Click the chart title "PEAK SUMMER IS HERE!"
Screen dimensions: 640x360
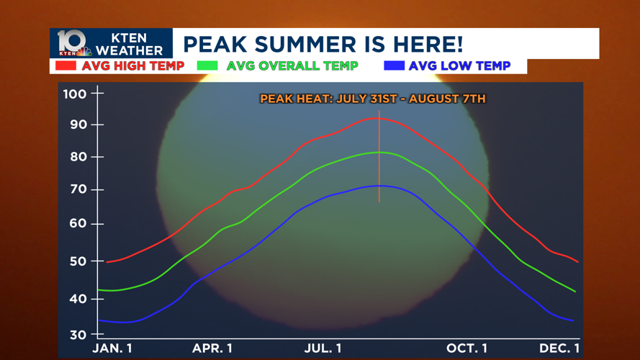pyautogui.click(x=323, y=44)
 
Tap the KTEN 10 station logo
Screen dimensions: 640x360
pyautogui.click(x=73, y=43)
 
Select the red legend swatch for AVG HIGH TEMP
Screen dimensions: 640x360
pyautogui.click(x=66, y=66)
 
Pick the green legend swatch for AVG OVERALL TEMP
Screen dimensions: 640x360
pyautogui.click(x=207, y=66)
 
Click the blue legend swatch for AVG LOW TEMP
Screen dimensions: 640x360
pyautogui.click(x=395, y=66)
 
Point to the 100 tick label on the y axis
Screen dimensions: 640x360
pyautogui.click(x=75, y=94)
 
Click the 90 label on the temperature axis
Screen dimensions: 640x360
pyautogui.click(x=78, y=125)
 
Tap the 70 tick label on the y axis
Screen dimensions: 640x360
pyautogui.click(x=78, y=189)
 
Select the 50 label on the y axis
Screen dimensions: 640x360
pyautogui.click(x=78, y=261)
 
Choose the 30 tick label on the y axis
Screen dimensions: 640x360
pyautogui.click(x=78, y=335)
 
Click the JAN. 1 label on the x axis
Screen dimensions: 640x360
pyautogui.click(x=112, y=348)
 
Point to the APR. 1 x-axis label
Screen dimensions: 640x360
pyautogui.click(x=212, y=348)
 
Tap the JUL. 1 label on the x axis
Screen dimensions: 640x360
pyautogui.click(x=323, y=348)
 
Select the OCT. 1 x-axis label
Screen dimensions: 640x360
pyautogui.click(x=467, y=348)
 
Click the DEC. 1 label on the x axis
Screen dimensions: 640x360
pyautogui.click(x=559, y=348)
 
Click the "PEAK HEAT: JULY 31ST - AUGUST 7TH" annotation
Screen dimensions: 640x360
pyautogui.click(x=373, y=99)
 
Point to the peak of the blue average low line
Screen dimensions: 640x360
pyautogui.click(x=379, y=186)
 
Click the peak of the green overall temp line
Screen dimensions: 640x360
pyautogui.click(x=379, y=152)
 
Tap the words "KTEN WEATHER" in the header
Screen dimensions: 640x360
pyautogui.click(x=130, y=44)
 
